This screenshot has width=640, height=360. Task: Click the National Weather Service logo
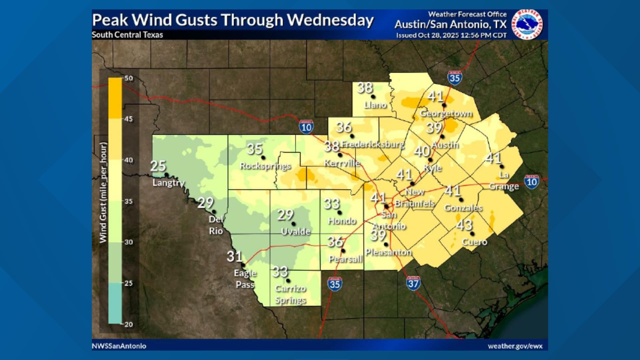527,24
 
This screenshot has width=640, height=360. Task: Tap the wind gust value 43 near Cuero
464,225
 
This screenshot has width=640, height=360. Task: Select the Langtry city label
168,183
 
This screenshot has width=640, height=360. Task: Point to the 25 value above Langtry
158,166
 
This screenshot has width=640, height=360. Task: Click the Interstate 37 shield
413,283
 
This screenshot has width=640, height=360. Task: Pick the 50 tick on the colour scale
129,78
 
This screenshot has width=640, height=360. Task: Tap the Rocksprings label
265,166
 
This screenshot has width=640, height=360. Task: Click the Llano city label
375,105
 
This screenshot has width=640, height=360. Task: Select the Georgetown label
446,113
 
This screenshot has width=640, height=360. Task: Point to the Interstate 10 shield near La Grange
531,182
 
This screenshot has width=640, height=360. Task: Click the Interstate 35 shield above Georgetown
455,78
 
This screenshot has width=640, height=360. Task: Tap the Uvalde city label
296,231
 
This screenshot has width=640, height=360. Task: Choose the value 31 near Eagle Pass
234,256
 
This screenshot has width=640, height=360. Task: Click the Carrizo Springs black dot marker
288,281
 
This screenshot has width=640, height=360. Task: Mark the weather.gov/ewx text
515,346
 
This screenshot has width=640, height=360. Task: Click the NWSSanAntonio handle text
119,346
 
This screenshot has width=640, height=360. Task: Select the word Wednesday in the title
330,20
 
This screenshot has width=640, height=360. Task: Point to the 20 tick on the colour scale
129,324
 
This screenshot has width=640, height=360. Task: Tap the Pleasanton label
389,252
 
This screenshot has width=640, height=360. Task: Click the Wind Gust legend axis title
103,192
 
